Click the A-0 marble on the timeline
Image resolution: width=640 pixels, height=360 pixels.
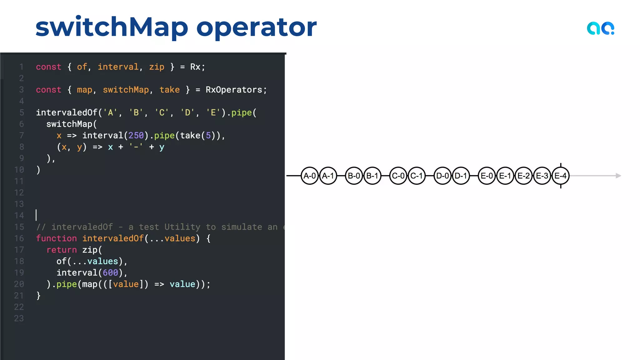click(x=310, y=176)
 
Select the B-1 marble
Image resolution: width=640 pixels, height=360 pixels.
click(x=372, y=176)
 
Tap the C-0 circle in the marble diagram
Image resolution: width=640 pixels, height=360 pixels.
click(x=398, y=176)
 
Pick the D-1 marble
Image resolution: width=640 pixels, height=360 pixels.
click(x=461, y=176)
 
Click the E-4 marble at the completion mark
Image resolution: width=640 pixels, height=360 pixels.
click(x=561, y=176)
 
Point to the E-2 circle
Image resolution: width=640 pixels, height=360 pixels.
click(x=524, y=176)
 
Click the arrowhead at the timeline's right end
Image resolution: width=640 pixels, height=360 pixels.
click(x=618, y=176)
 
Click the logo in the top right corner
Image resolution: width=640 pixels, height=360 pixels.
click(x=600, y=28)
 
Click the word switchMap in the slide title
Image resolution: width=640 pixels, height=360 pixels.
click(x=112, y=27)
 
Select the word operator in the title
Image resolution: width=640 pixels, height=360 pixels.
click(x=256, y=27)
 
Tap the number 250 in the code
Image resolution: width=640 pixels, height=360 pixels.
click(x=136, y=135)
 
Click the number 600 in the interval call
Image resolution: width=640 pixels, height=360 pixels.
click(x=110, y=272)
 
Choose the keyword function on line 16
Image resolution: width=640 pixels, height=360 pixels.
click(x=56, y=238)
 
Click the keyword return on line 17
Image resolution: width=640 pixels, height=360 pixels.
click(x=62, y=250)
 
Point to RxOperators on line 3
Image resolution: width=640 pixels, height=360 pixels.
click(x=234, y=90)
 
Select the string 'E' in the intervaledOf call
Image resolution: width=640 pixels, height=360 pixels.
click(x=213, y=112)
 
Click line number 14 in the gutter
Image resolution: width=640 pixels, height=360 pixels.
click(x=19, y=216)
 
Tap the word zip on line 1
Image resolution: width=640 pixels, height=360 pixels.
click(x=157, y=67)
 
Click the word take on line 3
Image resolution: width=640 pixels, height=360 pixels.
click(x=170, y=90)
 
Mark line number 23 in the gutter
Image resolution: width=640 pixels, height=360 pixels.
click(x=19, y=318)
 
